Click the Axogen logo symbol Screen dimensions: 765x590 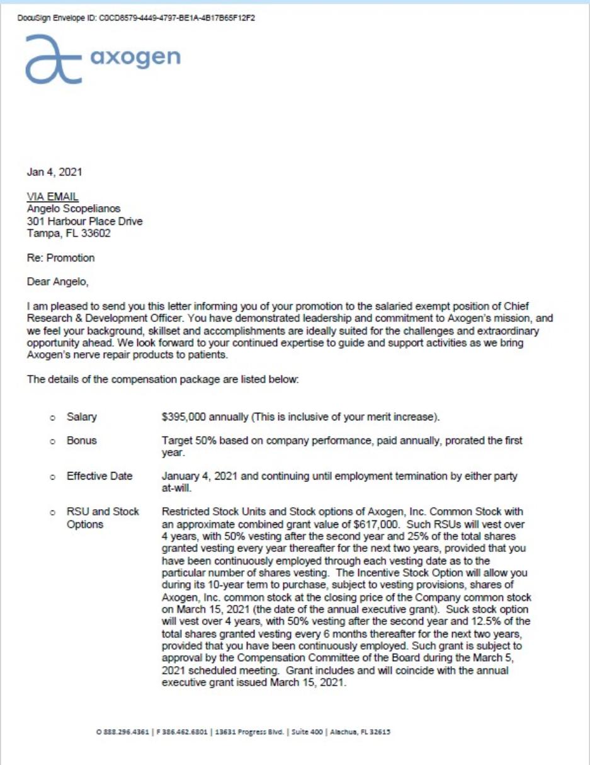54,60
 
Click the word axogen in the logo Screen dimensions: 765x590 135,59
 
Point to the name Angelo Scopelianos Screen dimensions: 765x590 77,208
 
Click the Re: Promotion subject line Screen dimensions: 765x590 62,258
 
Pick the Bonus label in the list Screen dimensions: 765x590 82,440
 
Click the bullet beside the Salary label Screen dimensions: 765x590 53,417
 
